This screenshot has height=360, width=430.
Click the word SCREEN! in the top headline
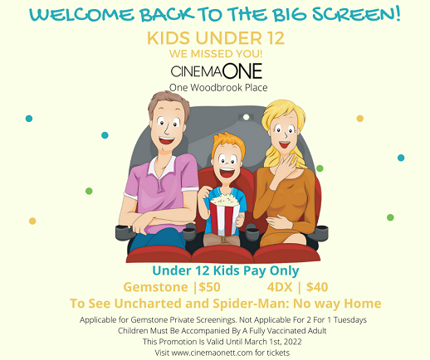356,14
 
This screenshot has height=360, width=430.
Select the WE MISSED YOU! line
216,54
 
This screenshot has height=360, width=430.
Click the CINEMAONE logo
217,71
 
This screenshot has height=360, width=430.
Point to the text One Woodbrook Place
218,88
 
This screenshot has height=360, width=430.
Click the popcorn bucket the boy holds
224,214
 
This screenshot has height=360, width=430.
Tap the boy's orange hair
227,144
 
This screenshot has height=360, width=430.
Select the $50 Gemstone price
209,287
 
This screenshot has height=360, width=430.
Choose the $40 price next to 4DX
317,287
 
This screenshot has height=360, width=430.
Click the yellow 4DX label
280,287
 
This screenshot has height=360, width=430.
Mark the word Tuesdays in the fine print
350,320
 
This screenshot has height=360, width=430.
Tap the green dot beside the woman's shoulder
320,168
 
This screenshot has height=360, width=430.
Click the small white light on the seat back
246,117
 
